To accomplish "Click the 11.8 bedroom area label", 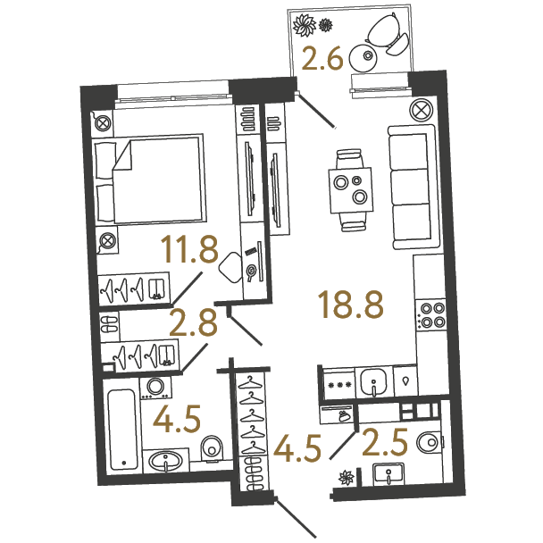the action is tap(189, 248).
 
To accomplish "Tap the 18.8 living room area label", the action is tap(352, 305).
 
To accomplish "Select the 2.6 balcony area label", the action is tap(322, 59).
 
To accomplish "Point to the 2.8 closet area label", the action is tap(193, 323).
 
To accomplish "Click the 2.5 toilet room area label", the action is tap(385, 441).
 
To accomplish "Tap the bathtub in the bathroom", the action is tap(121, 430).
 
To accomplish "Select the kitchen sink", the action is tap(373, 382).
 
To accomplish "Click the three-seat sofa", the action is tap(412, 187).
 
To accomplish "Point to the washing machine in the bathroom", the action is tap(155, 388).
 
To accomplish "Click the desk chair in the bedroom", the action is tap(231, 267).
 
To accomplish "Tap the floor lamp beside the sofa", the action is tap(422, 111).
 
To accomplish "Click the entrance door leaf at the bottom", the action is tap(296, 518).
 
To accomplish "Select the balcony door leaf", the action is tap(316, 110).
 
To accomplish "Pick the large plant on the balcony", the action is tap(305, 25).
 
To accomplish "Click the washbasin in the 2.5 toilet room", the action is tap(388, 473).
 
